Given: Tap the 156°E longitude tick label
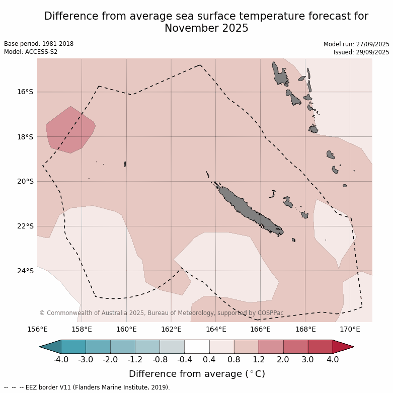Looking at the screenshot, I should pos(37,330).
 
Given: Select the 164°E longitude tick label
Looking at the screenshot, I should pos(216,330).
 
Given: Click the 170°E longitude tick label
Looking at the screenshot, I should pos(350,330).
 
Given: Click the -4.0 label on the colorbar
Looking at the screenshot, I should pos(61,360).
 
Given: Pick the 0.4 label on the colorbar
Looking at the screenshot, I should pos(209,360).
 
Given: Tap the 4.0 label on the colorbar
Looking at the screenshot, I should pos(333,360).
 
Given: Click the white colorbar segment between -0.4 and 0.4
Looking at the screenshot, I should pos(197,347).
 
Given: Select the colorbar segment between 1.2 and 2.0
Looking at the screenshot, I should pos(271,347).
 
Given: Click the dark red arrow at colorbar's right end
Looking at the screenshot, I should pos(343,347).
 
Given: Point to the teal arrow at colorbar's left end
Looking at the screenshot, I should pos(51,347).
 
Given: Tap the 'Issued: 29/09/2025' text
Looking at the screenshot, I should pos(361,52).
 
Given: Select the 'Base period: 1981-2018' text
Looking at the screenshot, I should pos(39,44).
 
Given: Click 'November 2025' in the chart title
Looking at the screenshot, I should pos(206,28).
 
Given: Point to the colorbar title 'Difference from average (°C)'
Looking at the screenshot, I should pos(197,374).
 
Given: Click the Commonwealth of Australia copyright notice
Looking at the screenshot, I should pos(161,313).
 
